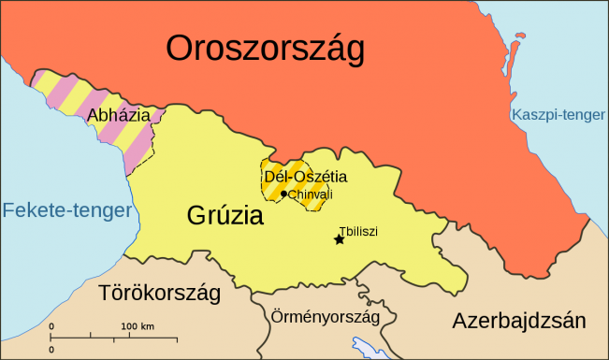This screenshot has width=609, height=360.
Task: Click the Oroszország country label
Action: pyautogui.click(x=265, y=49)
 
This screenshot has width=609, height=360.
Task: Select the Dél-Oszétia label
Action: pyautogui.click(x=305, y=176)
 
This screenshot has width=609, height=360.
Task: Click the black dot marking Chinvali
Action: pyautogui.click(x=283, y=194)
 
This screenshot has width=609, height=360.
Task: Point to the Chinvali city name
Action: pyautogui.click(x=311, y=194)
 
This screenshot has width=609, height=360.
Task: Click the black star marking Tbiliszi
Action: pyautogui.click(x=339, y=240)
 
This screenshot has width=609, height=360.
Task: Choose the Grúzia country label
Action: pyautogui.click(x=225, y=217)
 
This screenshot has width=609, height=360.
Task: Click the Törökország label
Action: pyautogui.click(x=160, y=294)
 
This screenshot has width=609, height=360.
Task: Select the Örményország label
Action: pyautogui.click(x=325, y=316)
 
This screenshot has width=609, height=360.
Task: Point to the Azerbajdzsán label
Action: pyautogui.click(x=519, y=321)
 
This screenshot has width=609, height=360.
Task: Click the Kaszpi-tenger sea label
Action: pyautogui.click(x=558, y=116)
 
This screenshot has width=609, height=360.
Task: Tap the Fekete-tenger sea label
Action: pyautogui.click(x=66, y=210)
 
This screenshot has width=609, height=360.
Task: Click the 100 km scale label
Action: pyautogui.click(x=138, y=325)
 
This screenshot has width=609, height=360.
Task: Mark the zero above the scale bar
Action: pyautogui.click(x=51, y=325)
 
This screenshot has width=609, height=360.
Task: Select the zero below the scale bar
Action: pyautogui.click(x=51, y=348)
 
